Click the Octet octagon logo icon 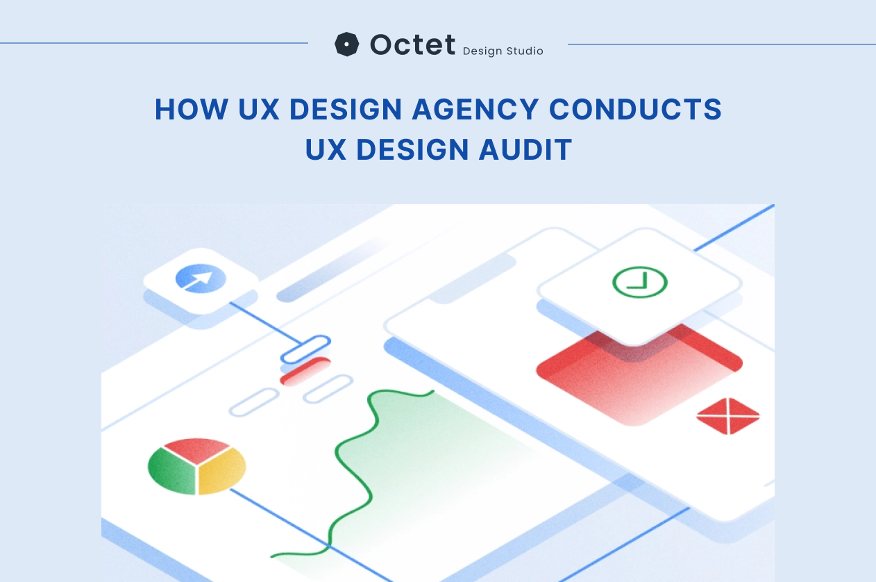click(346, 44)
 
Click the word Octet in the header click(412, 44)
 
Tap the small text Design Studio click(503, 51)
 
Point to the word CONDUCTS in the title click(635, 110)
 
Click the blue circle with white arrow click(201, 278)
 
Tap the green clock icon click(639, 282)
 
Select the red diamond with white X click(727, 416)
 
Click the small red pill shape click(305, 371)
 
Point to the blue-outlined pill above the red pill click(305, 349)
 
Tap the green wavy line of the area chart click(361, 458)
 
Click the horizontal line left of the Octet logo click(153, 43)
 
